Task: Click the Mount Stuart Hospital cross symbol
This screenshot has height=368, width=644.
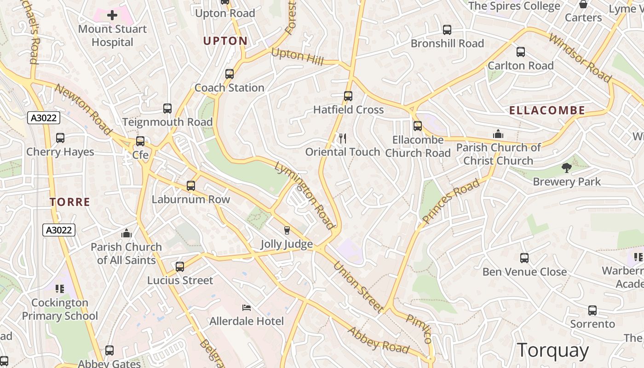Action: point(112,16)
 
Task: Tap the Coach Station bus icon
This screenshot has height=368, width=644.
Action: point(229,74)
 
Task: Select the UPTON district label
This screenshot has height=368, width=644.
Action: point(225,41)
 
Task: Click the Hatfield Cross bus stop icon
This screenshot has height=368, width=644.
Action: point(348,96)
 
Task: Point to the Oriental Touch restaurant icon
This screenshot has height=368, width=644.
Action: point(342,138)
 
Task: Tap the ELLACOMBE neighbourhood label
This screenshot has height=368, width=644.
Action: point(547,110)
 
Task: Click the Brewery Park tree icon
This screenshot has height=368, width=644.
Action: point(567,168)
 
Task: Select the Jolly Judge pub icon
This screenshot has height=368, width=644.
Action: point(287,230)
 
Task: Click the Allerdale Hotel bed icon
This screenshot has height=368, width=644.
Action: point(247,307)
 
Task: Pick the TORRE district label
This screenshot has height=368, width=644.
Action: point(70,202)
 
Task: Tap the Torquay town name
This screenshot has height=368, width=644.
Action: point(552,351)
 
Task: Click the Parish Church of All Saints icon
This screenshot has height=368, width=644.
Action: point(126,233)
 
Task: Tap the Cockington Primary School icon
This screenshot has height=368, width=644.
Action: point(60,289)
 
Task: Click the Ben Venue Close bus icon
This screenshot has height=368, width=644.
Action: point(524,258)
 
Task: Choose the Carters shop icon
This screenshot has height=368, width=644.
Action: point(583,5)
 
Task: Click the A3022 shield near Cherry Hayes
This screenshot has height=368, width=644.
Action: point(44,118)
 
